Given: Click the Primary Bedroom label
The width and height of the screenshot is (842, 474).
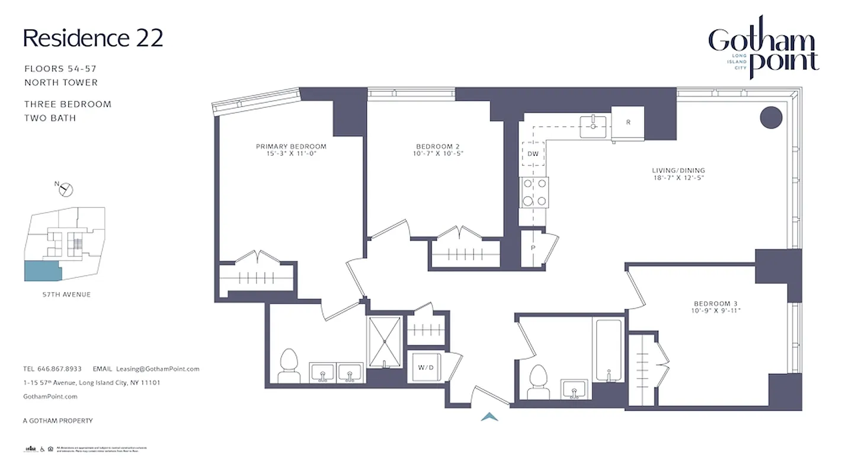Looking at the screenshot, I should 291,146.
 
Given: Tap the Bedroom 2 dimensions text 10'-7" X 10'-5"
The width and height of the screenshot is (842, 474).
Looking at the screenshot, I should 438,154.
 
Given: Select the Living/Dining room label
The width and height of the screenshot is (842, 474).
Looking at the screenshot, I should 678,171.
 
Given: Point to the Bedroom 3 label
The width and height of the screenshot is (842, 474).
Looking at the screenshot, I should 716,302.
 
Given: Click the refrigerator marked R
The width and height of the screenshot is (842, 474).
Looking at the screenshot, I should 628,123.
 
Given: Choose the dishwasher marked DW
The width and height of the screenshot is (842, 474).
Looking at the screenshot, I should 533,154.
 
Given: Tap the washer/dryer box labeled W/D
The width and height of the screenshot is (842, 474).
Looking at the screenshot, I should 425,367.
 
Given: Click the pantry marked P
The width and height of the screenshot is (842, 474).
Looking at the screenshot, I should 533,248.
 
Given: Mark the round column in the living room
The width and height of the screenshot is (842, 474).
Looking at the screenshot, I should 771,117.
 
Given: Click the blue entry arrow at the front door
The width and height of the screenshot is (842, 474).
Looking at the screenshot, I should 489,417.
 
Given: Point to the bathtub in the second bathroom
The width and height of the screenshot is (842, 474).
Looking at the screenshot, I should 607,351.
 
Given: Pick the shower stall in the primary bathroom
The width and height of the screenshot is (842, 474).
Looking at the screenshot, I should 385,342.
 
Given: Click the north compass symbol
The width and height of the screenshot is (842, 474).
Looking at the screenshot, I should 66,190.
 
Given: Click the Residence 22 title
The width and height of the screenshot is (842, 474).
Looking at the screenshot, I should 93,38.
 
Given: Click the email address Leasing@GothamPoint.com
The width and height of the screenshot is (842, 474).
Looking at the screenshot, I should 158,369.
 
